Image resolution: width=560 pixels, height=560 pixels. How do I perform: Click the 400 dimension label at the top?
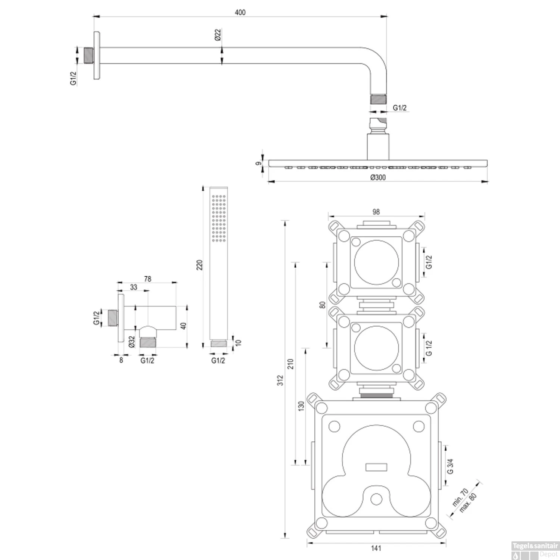point(240,12)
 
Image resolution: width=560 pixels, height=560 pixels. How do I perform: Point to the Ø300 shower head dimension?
point(378,177)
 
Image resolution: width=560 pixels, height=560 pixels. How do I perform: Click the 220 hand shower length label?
point(199,265)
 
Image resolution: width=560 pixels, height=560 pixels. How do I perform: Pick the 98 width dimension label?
point(376,212)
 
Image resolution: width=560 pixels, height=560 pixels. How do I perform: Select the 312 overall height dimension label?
point(280,380)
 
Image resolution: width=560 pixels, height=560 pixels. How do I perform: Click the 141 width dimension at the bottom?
point(376,548)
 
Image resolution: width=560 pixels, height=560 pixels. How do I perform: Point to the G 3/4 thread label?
point(450,466)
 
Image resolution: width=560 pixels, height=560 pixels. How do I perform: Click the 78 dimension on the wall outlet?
point(147,279)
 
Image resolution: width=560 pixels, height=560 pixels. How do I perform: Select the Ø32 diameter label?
point(131,342)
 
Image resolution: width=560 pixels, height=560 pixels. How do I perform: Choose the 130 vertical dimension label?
point(301,406)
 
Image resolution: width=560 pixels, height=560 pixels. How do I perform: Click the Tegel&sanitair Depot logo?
point(535,551)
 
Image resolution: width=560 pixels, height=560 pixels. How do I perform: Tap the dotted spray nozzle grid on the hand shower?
point(218,218)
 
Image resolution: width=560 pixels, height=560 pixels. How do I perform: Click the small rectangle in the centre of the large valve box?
point(376,467)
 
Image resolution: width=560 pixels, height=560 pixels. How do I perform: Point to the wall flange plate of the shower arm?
point(97,55)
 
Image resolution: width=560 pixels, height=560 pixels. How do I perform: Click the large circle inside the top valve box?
point(376,262)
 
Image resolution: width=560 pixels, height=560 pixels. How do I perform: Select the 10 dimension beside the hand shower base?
point(238,342)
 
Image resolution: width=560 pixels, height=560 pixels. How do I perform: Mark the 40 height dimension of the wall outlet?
point(183,326)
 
